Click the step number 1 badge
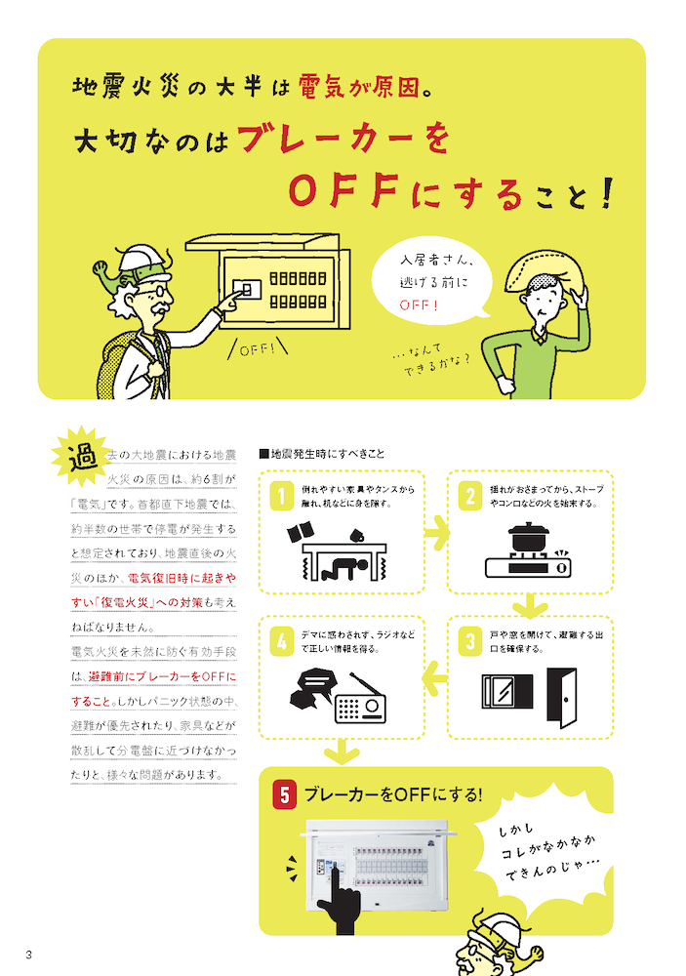tap(279, 495)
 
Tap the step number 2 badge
tap(469, 495)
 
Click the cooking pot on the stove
tap(530, 538)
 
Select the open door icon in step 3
tap(562, 697)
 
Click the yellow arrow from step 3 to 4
tap(435, 677)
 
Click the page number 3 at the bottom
tap(29, 954)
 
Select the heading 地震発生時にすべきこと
tap(322, 453)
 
